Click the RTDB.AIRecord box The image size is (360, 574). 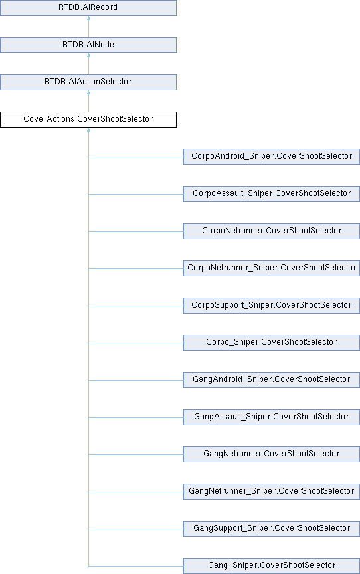[88, 8]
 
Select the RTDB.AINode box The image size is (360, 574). [88, 45]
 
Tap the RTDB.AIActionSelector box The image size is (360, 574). [88, 82]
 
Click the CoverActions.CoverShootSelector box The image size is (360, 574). [88, 120]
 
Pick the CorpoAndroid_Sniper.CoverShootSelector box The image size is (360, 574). [272, 157]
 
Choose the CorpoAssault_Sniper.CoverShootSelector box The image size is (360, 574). [272, 193]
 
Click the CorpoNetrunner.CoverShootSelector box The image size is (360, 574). [272, 231]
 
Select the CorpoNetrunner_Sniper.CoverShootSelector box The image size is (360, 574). [272, 268]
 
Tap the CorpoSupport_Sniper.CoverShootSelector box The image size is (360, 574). [272, 306]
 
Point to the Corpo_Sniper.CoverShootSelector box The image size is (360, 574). [272, 343]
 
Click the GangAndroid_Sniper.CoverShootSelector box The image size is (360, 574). [272, 379]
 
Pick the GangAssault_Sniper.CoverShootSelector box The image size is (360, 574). [272, 417]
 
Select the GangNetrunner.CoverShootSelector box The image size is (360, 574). [272, 454]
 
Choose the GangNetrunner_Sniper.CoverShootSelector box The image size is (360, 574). [272, 491]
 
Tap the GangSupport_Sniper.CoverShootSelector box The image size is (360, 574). [272, 529]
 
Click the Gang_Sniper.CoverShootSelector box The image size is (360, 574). [272, 565]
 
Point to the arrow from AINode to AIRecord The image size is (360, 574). [88, 27]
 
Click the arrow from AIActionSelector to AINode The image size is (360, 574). [88, 64]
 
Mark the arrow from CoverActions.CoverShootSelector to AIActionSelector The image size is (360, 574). [88, 101]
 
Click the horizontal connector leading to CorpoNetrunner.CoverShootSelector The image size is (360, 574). [136, 231]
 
